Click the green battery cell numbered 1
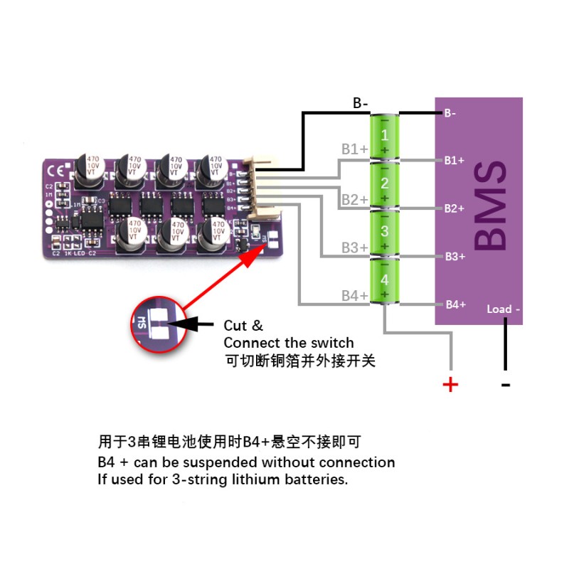tap(384, 135)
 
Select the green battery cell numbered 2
tap(384, 184)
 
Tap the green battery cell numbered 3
tap(384, 232)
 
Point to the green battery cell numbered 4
tap(384, 280)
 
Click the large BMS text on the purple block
tap(491, 206)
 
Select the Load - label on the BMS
tap(504, 309)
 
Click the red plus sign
tap(451, 385)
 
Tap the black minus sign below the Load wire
tap(506, 385)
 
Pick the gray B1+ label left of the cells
tap(354, 149)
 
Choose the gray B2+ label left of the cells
tap(354, 200)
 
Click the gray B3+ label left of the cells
tap(354, 248)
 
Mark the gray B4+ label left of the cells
tap(354, 295)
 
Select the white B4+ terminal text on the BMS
tap(455, 304)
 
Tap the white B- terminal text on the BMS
tap(450, 113)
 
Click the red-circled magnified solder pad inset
tap(157, 324)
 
